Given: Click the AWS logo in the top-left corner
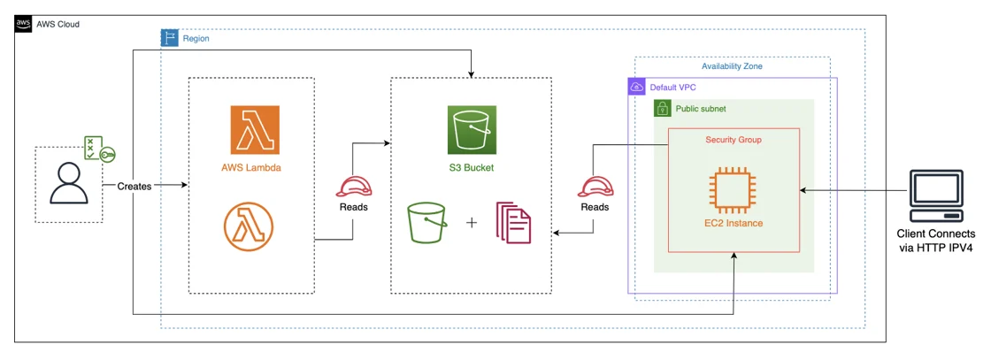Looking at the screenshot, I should (23, 23).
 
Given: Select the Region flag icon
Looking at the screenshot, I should (169, 38).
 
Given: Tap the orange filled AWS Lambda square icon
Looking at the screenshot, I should (255, 130).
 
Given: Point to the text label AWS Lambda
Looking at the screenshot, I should (251, 167).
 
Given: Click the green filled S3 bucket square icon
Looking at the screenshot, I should (471, 130).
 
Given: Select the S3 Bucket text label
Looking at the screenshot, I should (471, 167).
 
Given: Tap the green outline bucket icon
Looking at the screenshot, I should (428, 223).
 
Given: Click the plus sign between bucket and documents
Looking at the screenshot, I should (472, 223).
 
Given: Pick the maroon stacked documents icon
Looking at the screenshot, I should (514, 223).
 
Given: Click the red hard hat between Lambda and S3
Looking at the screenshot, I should (353, 187).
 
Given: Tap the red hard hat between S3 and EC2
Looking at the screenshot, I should (594, 187).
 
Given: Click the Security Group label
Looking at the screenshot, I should (733, 140).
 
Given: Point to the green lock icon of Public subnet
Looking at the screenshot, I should (663, 108).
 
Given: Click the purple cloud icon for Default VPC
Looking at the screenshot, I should (636, 87).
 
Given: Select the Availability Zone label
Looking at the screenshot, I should (732, 66).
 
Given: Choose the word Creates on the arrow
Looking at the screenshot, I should (134, 187).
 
